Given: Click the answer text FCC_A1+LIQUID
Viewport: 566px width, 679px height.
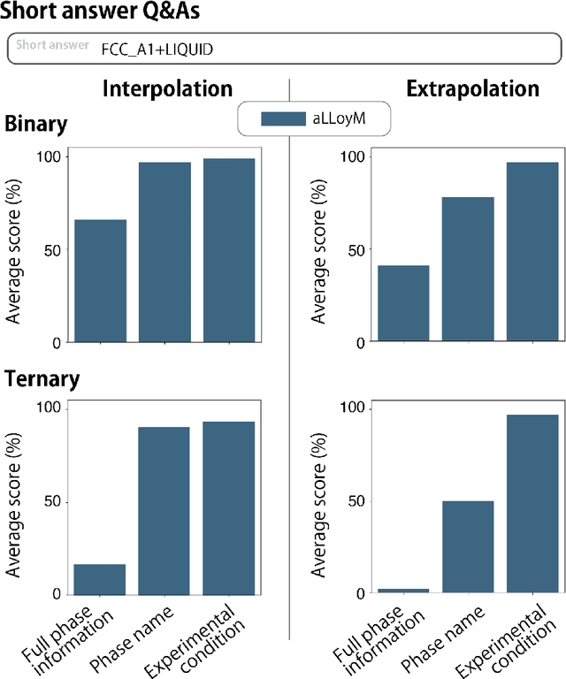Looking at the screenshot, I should tap(157, 50).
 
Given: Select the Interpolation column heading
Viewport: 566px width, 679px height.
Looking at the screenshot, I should tap(167, 89).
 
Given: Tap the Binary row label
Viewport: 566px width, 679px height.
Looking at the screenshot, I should tap(36, 124).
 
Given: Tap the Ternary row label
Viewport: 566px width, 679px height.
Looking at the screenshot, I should tap(42, 379).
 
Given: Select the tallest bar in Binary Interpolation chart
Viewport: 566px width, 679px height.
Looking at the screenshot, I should tap(229, 250).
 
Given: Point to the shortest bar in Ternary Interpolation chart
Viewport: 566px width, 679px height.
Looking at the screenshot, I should tap(100, 579).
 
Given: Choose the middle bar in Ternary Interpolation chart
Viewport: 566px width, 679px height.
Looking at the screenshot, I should tap(164, 510).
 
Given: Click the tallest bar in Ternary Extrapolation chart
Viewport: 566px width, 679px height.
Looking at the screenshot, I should tap(532, 503).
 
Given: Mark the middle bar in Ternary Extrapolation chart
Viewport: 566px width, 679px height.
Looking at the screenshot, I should tap(469, 546).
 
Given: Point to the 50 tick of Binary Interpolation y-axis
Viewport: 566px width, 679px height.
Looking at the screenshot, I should tap(56, 250).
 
